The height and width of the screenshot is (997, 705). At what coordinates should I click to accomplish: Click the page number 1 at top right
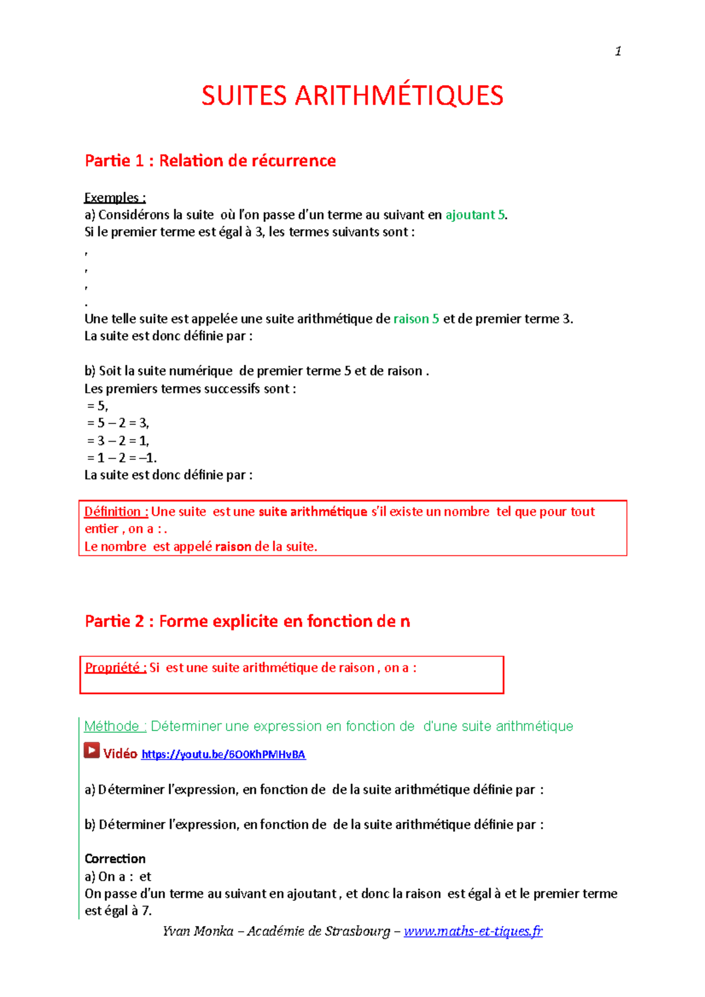pos(618,52)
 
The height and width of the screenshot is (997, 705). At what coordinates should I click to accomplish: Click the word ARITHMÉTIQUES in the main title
pos(399,96)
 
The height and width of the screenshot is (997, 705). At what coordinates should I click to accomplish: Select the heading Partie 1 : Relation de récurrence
pos(210,160)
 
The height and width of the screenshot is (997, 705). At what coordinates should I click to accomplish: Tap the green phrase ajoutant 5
pos(475,215)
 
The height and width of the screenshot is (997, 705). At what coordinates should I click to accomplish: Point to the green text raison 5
pos(416,319)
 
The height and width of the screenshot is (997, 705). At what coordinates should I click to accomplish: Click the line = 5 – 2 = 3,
pos(118,423)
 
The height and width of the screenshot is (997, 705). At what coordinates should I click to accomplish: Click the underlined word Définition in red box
pos(113,511)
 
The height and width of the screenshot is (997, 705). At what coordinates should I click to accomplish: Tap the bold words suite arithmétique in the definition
pos(313,511)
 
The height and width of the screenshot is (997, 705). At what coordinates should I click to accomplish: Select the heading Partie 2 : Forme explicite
pos(247,621)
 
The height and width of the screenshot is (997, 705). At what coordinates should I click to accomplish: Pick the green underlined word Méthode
pos(112,726)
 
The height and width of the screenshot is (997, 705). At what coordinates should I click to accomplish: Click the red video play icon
pos(92,750)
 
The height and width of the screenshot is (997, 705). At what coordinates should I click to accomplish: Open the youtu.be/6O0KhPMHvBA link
pos(223,755)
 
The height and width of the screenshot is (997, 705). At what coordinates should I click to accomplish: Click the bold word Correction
pos(115,858)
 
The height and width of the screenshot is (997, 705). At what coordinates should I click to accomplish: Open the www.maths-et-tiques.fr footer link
pos(473,931)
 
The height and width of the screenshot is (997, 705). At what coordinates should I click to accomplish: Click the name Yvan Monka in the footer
pos(198,931)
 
